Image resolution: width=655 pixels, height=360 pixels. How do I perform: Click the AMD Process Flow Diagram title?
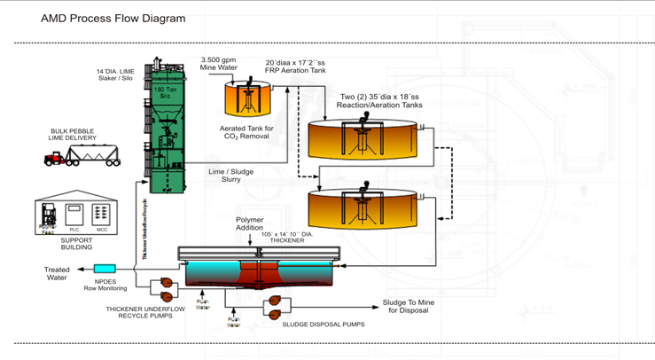pyautogui.click(x=113, y=19)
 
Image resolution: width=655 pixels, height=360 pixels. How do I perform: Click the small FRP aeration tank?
pyautogui.click(x=245, y=99)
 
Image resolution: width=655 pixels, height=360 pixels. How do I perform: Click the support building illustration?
pyautogui.click(x=77, y=213)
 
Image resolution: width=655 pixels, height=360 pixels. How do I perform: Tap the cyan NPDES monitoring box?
pyautogui.click(x=105, y=269)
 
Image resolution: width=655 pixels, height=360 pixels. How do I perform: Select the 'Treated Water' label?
pyautogui.click(x=57, y=273)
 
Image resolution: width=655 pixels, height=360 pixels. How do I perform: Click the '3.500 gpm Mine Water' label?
pyautogui.click(x=219, y=64)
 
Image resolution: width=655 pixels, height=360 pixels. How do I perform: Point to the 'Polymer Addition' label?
pyautogui.click(x=250, y=223)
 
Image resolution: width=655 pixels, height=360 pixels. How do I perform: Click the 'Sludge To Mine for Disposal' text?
pyautogui.click(x=408, y=306)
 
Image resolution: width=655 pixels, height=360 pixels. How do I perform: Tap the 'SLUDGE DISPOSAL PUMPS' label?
pyautogui.click(x=324, y=325)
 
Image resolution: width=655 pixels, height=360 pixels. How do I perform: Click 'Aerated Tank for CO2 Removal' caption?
pyautogui.click(x=246, y=132)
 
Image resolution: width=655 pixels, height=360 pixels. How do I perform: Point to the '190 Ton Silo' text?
pyautogui.click(x=165, y=92)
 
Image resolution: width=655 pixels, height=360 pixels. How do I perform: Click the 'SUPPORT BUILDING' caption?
pyautogui.click(x=76, y=244)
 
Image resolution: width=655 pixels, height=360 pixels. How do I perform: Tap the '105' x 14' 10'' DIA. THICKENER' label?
pyautogui.click(x=288, y=237)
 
